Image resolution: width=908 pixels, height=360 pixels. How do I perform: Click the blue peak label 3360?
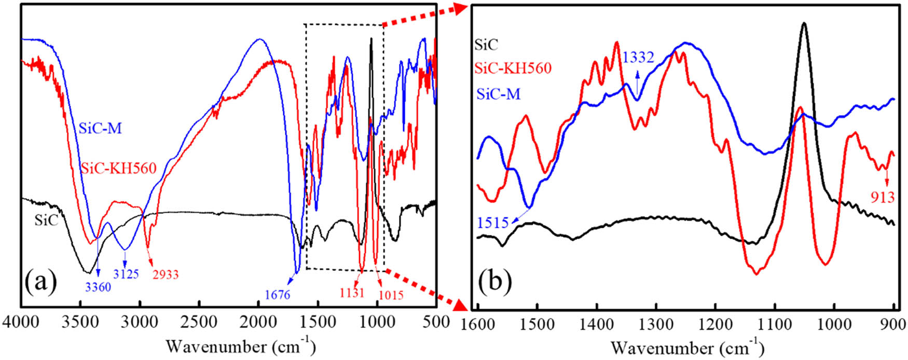(x=98, y=286)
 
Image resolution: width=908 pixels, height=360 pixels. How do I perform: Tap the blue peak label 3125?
(x=126, y=273)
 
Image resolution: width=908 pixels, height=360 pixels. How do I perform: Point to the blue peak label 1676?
(x=277, y=295)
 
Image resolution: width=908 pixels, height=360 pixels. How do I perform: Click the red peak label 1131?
(x=352, y=293)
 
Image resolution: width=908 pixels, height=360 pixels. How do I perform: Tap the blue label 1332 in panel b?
(x=638, y=57)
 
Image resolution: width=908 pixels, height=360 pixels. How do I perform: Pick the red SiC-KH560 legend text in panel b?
(x=513, y=68)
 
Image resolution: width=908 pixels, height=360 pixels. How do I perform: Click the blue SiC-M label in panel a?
(x=100, y=128)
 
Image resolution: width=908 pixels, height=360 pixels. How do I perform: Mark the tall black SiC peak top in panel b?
(x=804, y=23)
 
